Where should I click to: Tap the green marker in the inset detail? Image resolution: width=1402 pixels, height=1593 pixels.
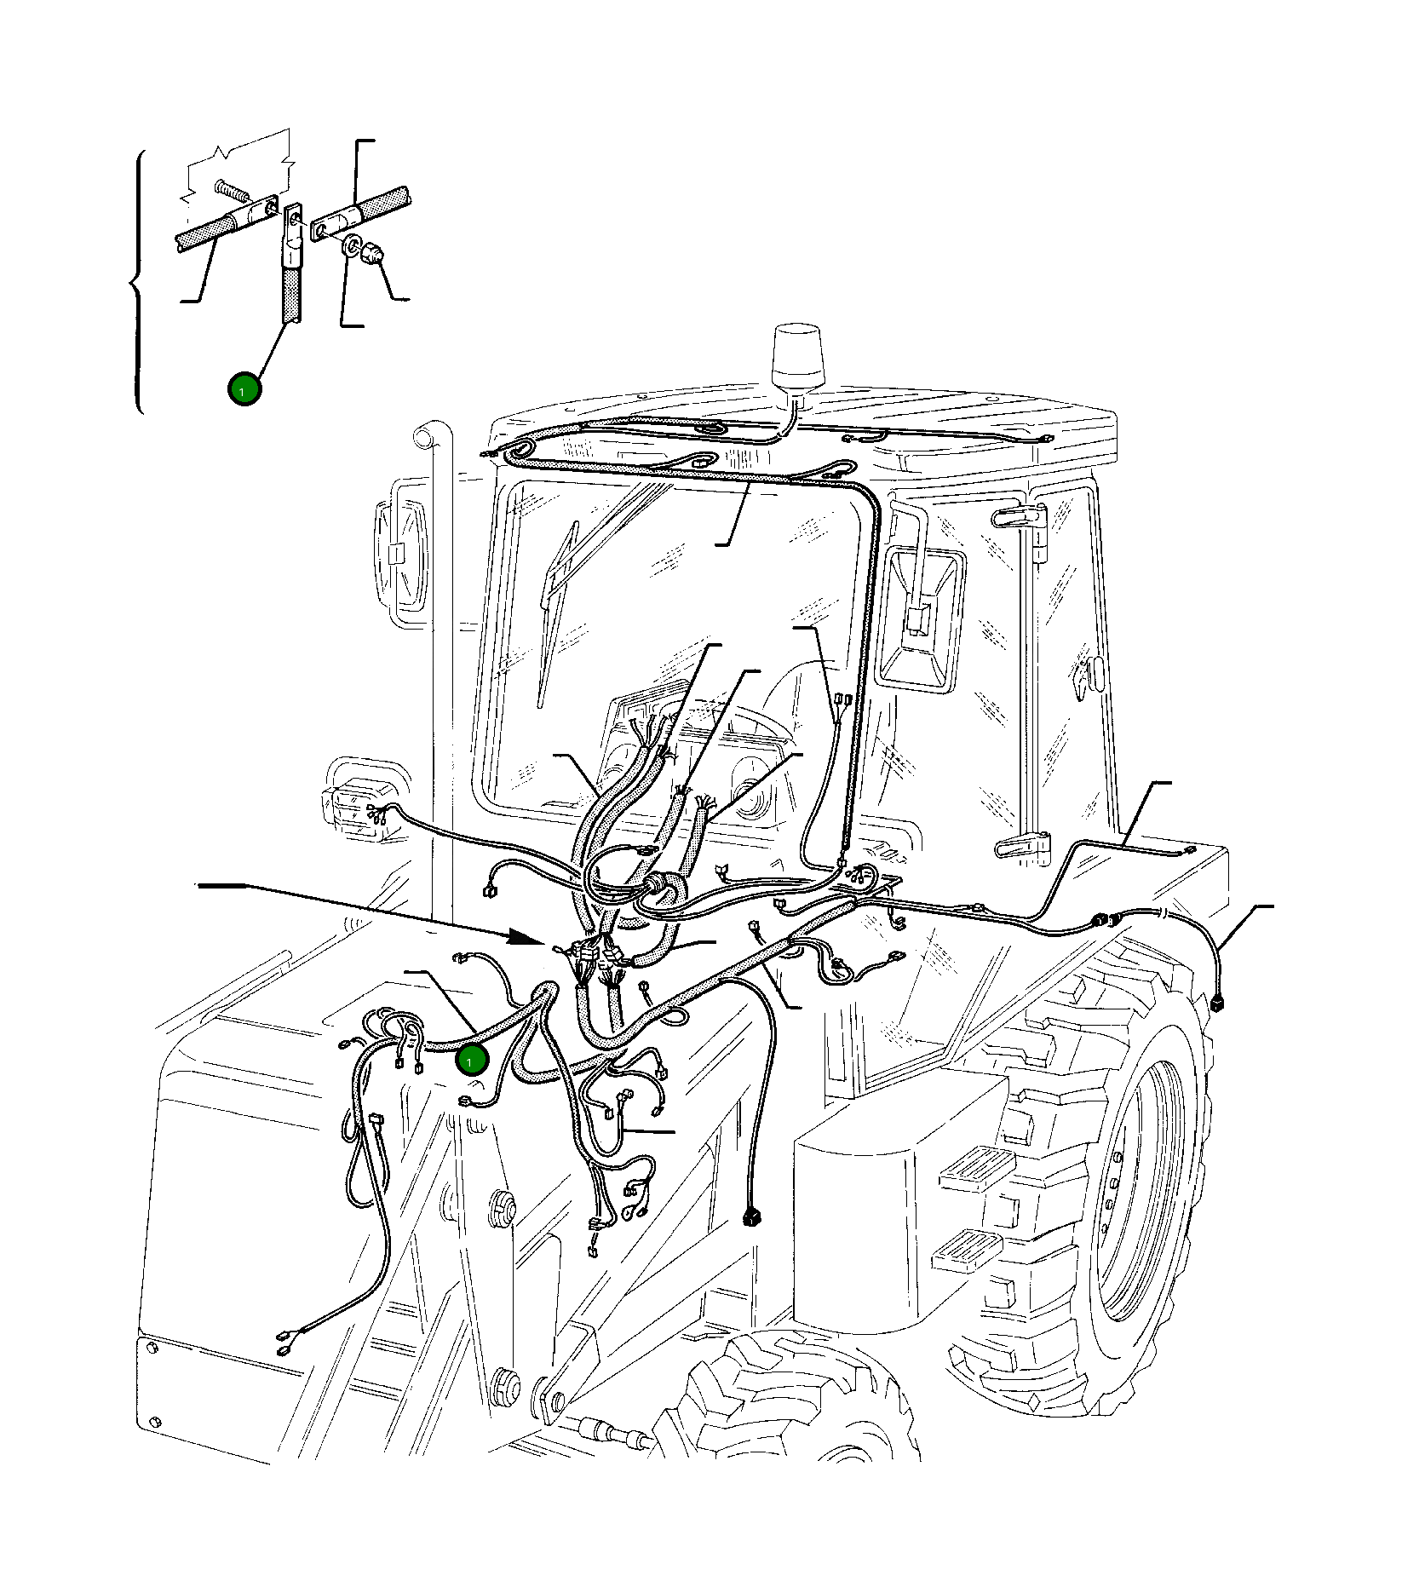pyautogui.click(x=244, y=389)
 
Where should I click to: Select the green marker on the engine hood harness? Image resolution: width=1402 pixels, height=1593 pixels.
pyautogui.click(x=471, y=1060)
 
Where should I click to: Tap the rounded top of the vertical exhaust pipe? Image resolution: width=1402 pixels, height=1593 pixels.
pyautogui.click(x=423, y=438)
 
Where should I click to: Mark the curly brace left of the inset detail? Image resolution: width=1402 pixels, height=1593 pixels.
pyautogui.click(x=136, y=281)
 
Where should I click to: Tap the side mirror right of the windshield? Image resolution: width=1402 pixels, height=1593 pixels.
pyautogui.click(x=923, y=610)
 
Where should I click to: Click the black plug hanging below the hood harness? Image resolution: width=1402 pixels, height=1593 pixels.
pyautogui.click(x=750, y=1216)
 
